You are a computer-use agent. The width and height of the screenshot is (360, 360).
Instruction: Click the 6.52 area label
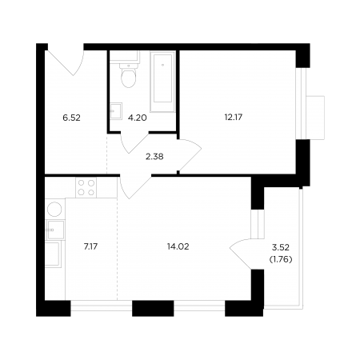pos(71,118)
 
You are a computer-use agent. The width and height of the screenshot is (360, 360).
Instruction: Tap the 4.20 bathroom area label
pos(138,118)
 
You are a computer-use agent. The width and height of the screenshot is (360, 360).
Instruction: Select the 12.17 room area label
pos(234,117)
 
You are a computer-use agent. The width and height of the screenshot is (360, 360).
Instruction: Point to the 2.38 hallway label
pos(154,157)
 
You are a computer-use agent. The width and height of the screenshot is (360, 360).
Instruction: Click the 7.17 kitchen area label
pos(90,246)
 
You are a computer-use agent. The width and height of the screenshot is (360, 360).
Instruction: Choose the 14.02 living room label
pos(178,246)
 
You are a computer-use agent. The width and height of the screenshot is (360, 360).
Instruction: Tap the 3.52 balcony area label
pos(281,247)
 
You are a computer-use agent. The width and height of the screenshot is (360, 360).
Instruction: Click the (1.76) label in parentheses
pos(281,259)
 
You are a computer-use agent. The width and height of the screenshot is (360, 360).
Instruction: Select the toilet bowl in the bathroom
pos(129,75)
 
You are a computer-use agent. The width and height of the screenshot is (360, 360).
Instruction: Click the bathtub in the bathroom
pos(162,81)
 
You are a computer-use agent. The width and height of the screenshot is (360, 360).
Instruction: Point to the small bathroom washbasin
pos(116,111)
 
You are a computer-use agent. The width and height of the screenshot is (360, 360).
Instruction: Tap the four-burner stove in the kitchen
pos(86,188)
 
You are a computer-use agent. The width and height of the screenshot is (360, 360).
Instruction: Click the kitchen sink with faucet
pos(55,230)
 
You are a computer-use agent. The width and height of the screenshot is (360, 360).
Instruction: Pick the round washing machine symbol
pos(54,209)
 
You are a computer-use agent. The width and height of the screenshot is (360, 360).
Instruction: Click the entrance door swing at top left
pos(66,63)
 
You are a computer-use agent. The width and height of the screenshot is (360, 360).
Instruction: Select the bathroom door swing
pos(134,142)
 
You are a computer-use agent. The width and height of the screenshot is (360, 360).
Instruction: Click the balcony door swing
pos(241,254)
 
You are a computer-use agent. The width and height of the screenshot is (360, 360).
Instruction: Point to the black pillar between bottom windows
pos(153,308)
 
